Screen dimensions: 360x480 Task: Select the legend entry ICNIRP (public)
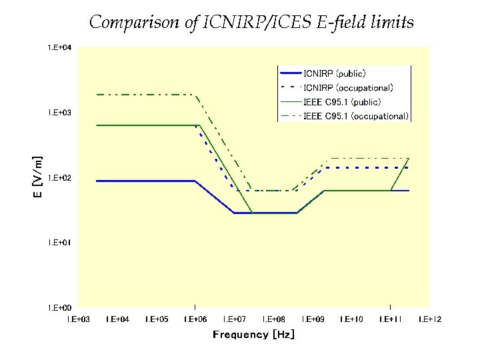pyautogui.click(x=334, y=73)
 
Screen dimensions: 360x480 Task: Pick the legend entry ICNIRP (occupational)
pyautogui.click(x=348, y=87)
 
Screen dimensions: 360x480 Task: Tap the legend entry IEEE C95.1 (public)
pyautogui.click(x=342, y=102)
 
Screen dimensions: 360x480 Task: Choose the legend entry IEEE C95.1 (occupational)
pyautogui.click(x=355, y=117)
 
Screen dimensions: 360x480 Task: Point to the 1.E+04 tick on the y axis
pyautogui.click(x=59, y=48)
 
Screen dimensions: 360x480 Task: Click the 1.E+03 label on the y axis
pyautogui.click(x=59, y=113)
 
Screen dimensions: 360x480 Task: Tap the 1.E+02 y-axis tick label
pyautogui.click(x=59, y=178)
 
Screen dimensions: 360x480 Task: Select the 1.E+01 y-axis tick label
pyautogui.click(x=59, y=243)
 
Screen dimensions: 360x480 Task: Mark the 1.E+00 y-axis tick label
pyautogui.click(x=59, y=307)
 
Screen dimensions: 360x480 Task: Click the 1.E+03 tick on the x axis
pyautogui.click(x=78, y=319)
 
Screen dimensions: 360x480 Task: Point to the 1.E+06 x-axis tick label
pyautogui.click(x=195, y=319)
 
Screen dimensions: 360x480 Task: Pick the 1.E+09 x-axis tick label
pyautogui.click(x=313, y=319)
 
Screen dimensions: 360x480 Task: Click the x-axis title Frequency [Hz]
pyautogui.click(x=253, y=335)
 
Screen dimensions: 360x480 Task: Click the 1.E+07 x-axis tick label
pyautogui.click(x=235, y=319)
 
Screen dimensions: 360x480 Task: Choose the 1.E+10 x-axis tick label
pyautogui.click(x=351, y=319)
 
